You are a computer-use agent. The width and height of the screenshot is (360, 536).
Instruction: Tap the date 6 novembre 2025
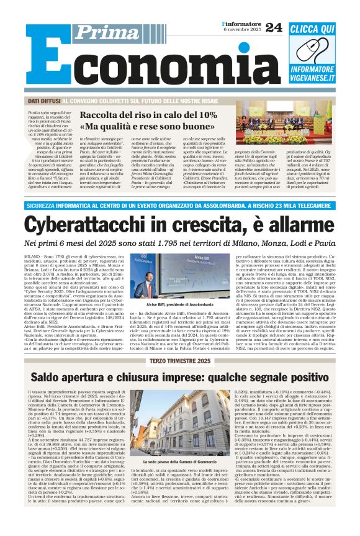coord(241,30)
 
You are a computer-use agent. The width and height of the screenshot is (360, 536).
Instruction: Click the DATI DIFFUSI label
coord(42,101)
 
